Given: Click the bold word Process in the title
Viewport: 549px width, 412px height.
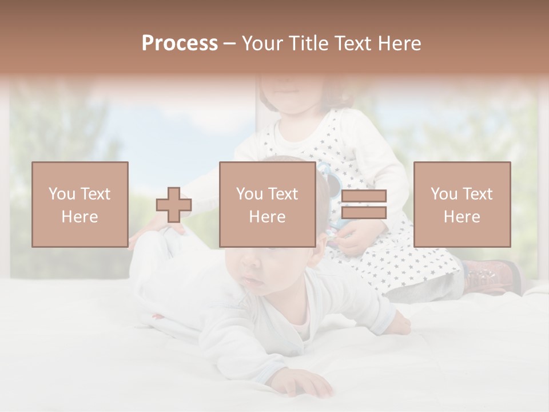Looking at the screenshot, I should coord(180,43).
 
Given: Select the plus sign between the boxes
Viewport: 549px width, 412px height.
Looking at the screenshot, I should coord(174,205).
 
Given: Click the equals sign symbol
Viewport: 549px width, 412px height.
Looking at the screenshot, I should coord(364,204).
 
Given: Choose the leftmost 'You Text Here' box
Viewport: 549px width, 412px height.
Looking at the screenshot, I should coord(80,204).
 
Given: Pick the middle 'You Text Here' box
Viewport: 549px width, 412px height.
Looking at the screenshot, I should coord(268,204).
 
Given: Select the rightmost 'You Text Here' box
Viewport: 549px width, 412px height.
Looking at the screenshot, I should coord(462,204).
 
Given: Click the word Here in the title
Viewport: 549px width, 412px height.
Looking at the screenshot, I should coord(400,43).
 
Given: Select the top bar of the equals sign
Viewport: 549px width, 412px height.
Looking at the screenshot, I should coord(364,196).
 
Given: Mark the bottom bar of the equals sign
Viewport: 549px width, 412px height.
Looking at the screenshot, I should coord(364,212).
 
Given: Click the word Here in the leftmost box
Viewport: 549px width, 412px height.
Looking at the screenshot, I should coord(79,217).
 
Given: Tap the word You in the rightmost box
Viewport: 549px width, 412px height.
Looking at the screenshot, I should coord(444,194).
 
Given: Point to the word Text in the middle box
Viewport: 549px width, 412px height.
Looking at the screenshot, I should coord(283,194).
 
